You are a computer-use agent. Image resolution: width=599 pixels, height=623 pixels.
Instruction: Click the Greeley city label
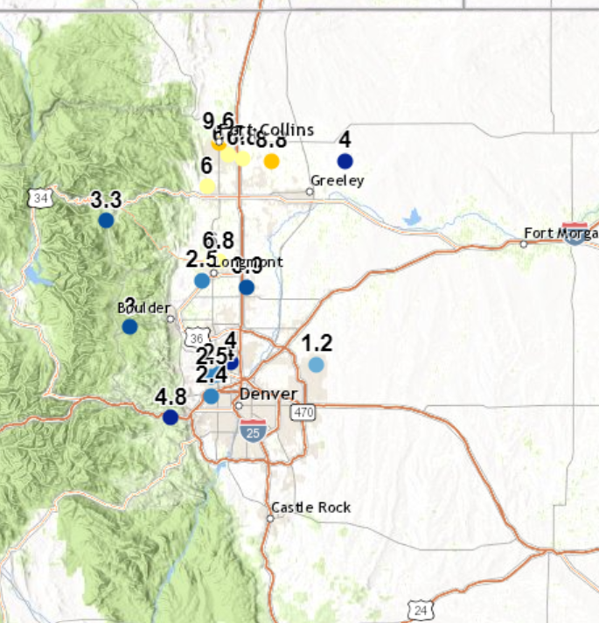coord(338,181)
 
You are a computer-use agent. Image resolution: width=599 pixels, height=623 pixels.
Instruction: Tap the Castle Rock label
coord(311,507)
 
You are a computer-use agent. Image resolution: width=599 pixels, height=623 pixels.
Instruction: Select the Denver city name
coord(268,394)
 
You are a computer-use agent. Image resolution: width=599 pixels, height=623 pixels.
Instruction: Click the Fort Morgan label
coord(561,233)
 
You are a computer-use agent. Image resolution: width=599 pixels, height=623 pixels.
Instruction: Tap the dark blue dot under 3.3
coord(106,220)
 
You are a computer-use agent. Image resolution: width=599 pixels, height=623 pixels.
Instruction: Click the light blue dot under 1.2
coord(316,365)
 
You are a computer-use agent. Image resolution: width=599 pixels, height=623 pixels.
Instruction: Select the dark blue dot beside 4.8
coord(171,417)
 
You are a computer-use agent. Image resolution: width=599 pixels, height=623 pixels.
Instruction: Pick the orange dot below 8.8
coord(272,161)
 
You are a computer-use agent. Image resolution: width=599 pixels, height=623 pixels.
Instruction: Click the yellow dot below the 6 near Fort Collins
coord(206,185)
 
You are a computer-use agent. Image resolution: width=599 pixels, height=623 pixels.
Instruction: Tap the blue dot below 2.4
coord(211,396)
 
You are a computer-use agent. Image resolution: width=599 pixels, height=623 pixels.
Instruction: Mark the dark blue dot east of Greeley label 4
coord(345,161)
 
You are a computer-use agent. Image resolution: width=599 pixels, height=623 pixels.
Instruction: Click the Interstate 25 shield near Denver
coord(253,429)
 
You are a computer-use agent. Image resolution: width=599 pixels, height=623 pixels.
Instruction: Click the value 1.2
coord(317,343)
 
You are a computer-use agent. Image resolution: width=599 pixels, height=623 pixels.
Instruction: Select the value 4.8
coord(171,396)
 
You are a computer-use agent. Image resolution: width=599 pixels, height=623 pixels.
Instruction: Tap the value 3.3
coord(106,199)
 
